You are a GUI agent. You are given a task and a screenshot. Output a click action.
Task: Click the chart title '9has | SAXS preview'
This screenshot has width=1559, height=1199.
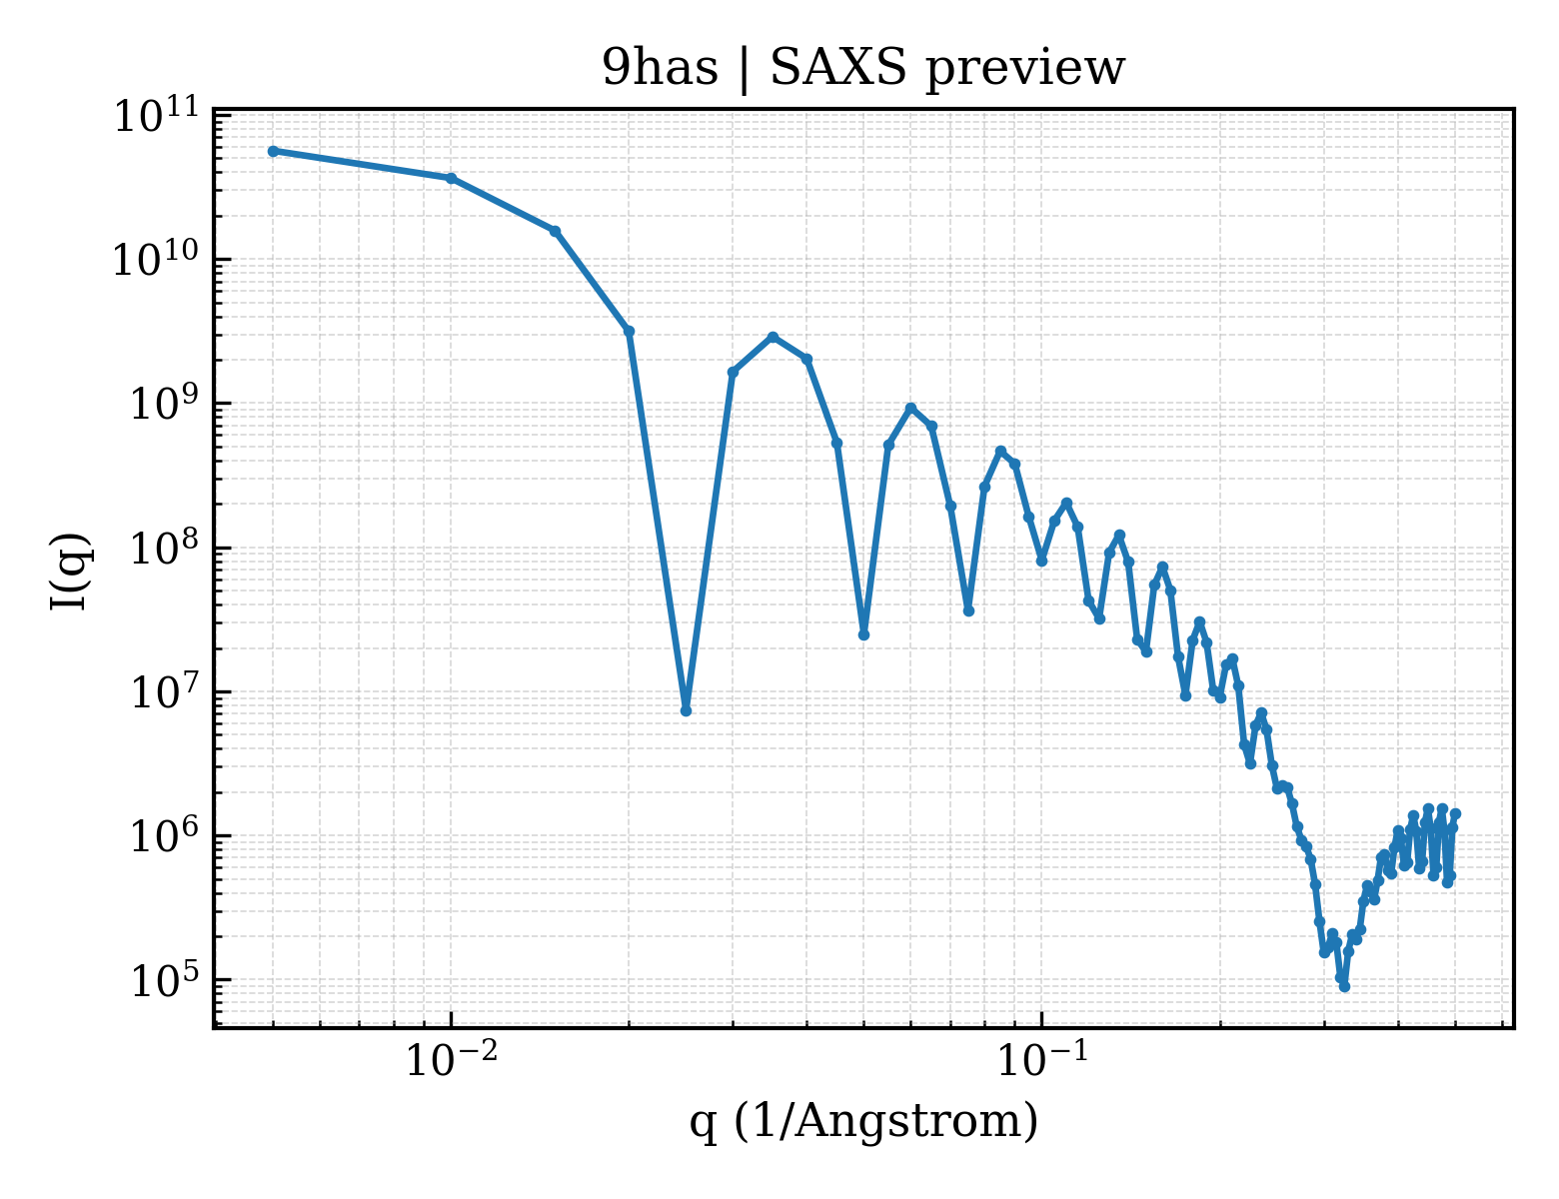point(862,70)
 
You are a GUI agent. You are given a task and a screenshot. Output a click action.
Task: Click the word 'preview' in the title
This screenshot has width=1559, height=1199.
point(1025,72)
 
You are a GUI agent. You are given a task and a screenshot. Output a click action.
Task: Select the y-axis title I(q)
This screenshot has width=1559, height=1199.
point(70,571)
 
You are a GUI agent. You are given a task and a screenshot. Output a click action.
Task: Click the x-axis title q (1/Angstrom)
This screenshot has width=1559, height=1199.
point(863,1121)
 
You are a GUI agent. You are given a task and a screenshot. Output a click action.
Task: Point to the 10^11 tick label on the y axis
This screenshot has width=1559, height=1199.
point(157,116)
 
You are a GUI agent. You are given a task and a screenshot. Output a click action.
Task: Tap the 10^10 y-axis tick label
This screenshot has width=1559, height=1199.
point(157,259)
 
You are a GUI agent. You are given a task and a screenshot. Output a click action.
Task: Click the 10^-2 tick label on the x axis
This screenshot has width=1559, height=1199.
point(452,1060)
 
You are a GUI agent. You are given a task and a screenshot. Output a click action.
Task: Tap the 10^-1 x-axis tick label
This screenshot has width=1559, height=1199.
point(1042,1060)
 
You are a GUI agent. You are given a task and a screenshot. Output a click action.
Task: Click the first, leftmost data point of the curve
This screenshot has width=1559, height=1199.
point(274,151)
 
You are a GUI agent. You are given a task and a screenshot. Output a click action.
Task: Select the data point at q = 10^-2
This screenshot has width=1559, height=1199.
point(452,178)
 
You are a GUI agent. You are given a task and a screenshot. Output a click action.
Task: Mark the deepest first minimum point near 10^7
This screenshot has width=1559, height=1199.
point(686,710)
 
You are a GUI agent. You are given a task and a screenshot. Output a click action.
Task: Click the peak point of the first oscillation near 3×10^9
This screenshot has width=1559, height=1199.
point(773,337)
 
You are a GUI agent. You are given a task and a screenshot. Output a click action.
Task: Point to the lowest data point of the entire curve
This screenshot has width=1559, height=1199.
point(1344,987)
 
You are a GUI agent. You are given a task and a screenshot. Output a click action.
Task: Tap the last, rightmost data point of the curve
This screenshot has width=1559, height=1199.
point(1456,814)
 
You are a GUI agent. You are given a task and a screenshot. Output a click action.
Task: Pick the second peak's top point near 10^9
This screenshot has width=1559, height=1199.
point(911,408)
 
